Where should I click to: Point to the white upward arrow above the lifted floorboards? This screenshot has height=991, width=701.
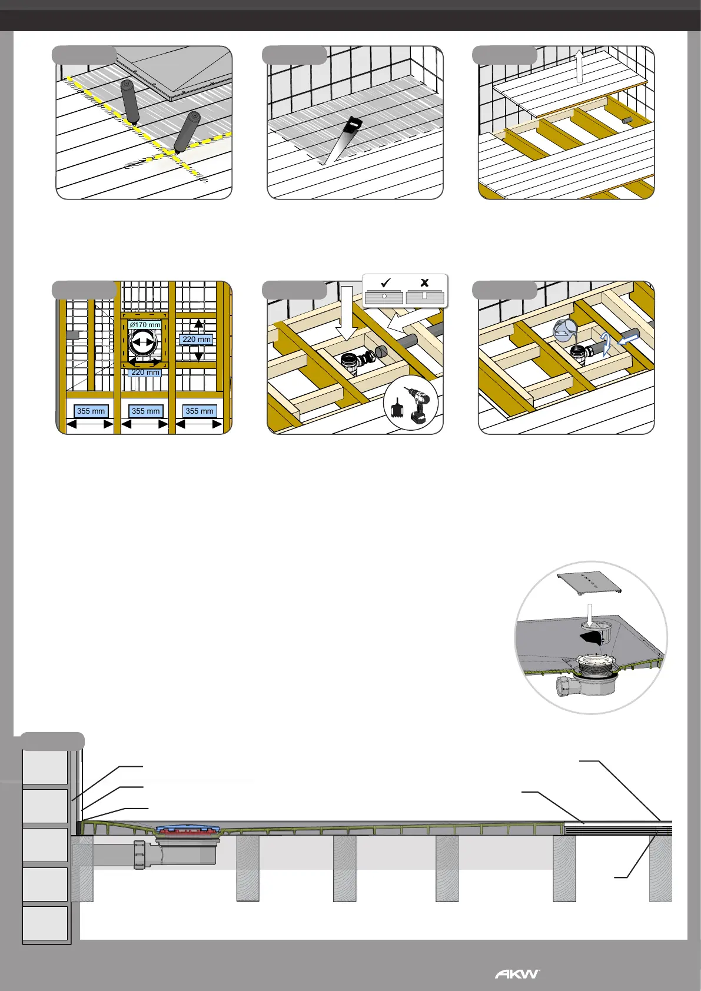pyautogui.click(x=579, y=66)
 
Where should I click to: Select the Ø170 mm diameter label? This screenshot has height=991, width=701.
pyautogui.click(x=145, y=325)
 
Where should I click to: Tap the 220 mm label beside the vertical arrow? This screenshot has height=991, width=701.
pyautogui.click(x=197, y=340)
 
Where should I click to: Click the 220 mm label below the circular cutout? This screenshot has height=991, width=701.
pyautogui.click(x=145, y=373)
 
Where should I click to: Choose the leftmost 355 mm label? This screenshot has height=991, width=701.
pyautogui.click(x=91, y=411)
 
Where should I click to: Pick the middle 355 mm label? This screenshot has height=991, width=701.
pyautogui.click(x=145, y=411)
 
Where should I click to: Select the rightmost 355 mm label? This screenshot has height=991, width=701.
pyautogui.click(x=199, y=411)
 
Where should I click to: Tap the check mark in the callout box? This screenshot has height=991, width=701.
pyautogui.click(x=386, y=282)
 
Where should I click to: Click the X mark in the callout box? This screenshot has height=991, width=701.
pyautogui.click(x=424, y=282)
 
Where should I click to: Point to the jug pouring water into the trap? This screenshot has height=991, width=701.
pyautogui.click(x=563, y=331)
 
